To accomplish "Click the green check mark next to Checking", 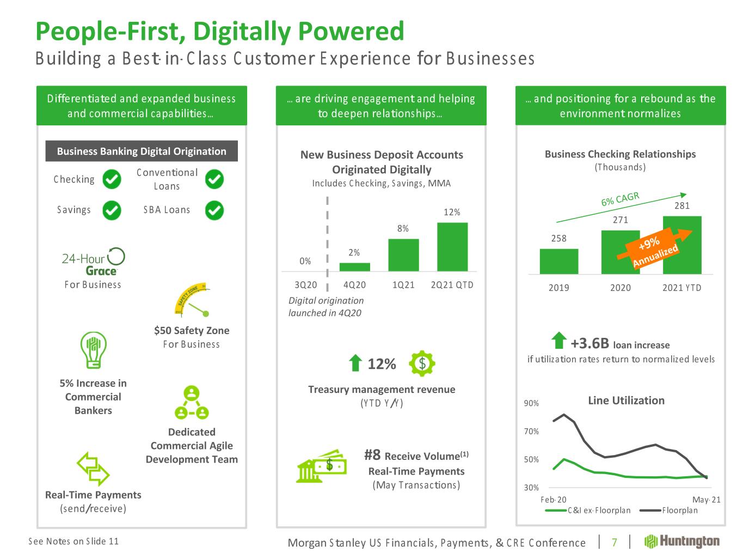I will pos(112,179).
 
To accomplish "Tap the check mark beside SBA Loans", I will pos(214,210).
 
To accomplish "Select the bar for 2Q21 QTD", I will pos(452,247).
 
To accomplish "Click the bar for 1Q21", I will pos(403,255).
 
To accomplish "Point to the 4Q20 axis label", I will pos(354,285).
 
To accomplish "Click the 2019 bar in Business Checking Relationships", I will pos(559,261).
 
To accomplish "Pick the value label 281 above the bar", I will pos(681,205).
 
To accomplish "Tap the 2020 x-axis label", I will pos(620,288).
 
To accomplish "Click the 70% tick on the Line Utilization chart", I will pos(531,432).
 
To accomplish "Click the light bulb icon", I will pos(93,350).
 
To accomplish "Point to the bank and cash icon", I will pos(321,466).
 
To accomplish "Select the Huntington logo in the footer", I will pos(681,541).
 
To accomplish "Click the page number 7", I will pos(615,542).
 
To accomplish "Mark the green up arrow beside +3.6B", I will pos(558,342).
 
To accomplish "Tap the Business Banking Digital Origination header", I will pos(142,151).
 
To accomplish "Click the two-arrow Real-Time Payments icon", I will pos(93,469).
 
